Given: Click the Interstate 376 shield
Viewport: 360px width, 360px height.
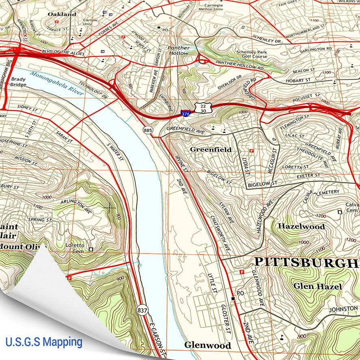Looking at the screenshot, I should click(185, 114).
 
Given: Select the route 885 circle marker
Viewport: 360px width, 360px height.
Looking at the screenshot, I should click(147, 130).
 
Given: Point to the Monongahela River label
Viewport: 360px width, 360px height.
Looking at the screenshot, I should click(57, 83).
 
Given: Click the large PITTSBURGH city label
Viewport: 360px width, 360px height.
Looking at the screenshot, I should click(307, 263).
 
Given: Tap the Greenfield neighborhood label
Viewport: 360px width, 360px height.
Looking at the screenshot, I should click(211, 150).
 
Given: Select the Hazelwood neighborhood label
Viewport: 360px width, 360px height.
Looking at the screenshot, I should click(301, 226).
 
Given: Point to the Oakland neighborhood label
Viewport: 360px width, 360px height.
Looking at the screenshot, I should click(62, 14).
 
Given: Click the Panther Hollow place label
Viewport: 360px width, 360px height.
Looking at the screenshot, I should click(179, 50).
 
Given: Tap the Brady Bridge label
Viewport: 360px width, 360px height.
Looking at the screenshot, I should click(19, 82).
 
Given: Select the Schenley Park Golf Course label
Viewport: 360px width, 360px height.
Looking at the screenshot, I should click(252, 54).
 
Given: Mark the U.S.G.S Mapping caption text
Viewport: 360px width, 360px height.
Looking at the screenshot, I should click(43, 341).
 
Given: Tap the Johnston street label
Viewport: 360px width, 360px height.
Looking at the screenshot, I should click(343, 309).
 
